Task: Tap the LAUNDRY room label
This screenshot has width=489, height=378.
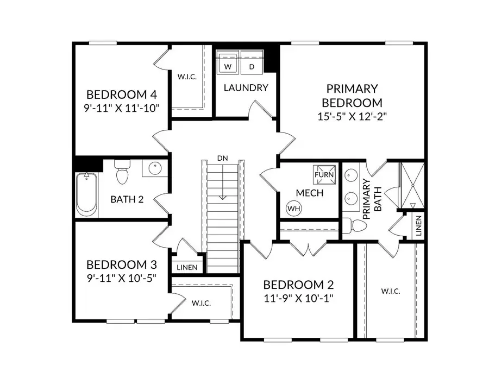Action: [246, 87]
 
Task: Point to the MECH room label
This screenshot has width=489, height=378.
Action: [310, 193]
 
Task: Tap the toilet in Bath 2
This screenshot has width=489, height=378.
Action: [122, 173]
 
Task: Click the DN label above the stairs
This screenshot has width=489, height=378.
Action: [222, 158]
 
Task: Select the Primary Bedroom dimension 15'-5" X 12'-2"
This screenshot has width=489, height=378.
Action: [352, 116]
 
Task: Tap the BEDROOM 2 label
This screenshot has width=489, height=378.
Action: [298, 285]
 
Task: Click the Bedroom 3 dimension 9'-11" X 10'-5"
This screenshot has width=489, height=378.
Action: [122, 278]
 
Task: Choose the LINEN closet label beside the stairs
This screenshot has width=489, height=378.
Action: [187, 267]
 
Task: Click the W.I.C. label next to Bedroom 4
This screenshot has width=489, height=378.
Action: [187, 77]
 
